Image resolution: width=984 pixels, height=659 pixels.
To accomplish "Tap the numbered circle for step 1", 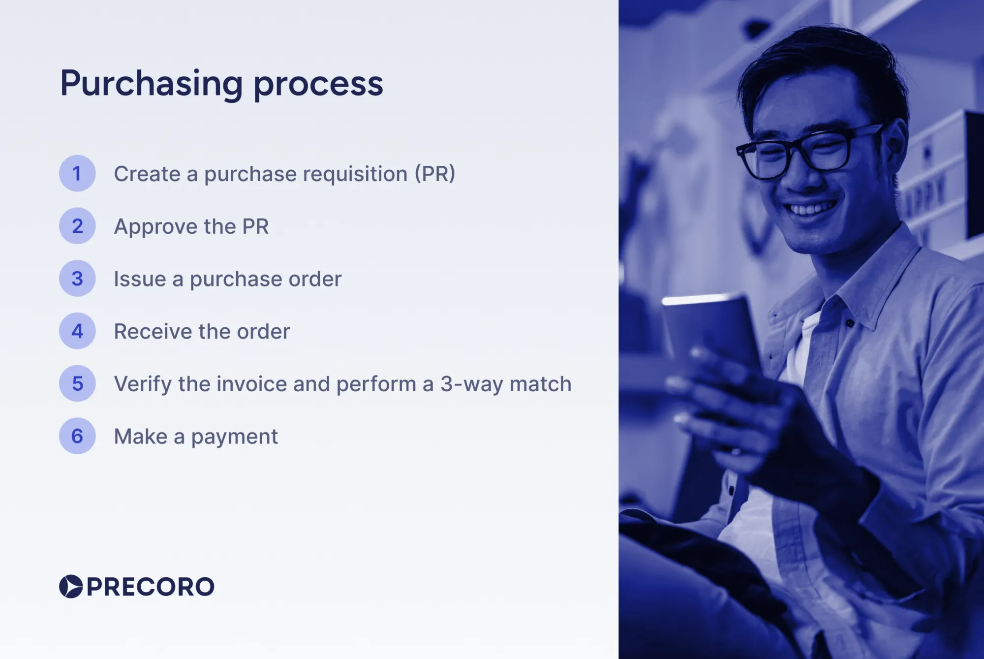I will point(77,173).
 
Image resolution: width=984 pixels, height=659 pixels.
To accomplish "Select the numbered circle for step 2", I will point(77,226).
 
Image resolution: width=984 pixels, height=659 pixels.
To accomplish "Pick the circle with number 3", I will point(77,279).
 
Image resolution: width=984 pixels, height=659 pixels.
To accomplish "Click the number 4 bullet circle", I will point(77,331).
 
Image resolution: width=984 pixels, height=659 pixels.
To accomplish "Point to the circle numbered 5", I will point(77,383).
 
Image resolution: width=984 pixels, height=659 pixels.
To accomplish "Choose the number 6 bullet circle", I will point(77,436).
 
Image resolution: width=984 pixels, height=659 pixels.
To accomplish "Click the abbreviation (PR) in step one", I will point(435,174).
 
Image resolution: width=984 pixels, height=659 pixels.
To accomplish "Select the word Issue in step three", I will point(140,279).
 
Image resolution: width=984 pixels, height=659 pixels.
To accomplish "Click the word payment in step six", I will point(234,437).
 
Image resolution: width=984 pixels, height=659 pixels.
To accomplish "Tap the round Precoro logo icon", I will point(71,586).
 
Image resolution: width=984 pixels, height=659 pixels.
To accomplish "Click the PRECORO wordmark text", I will point(151,587).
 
